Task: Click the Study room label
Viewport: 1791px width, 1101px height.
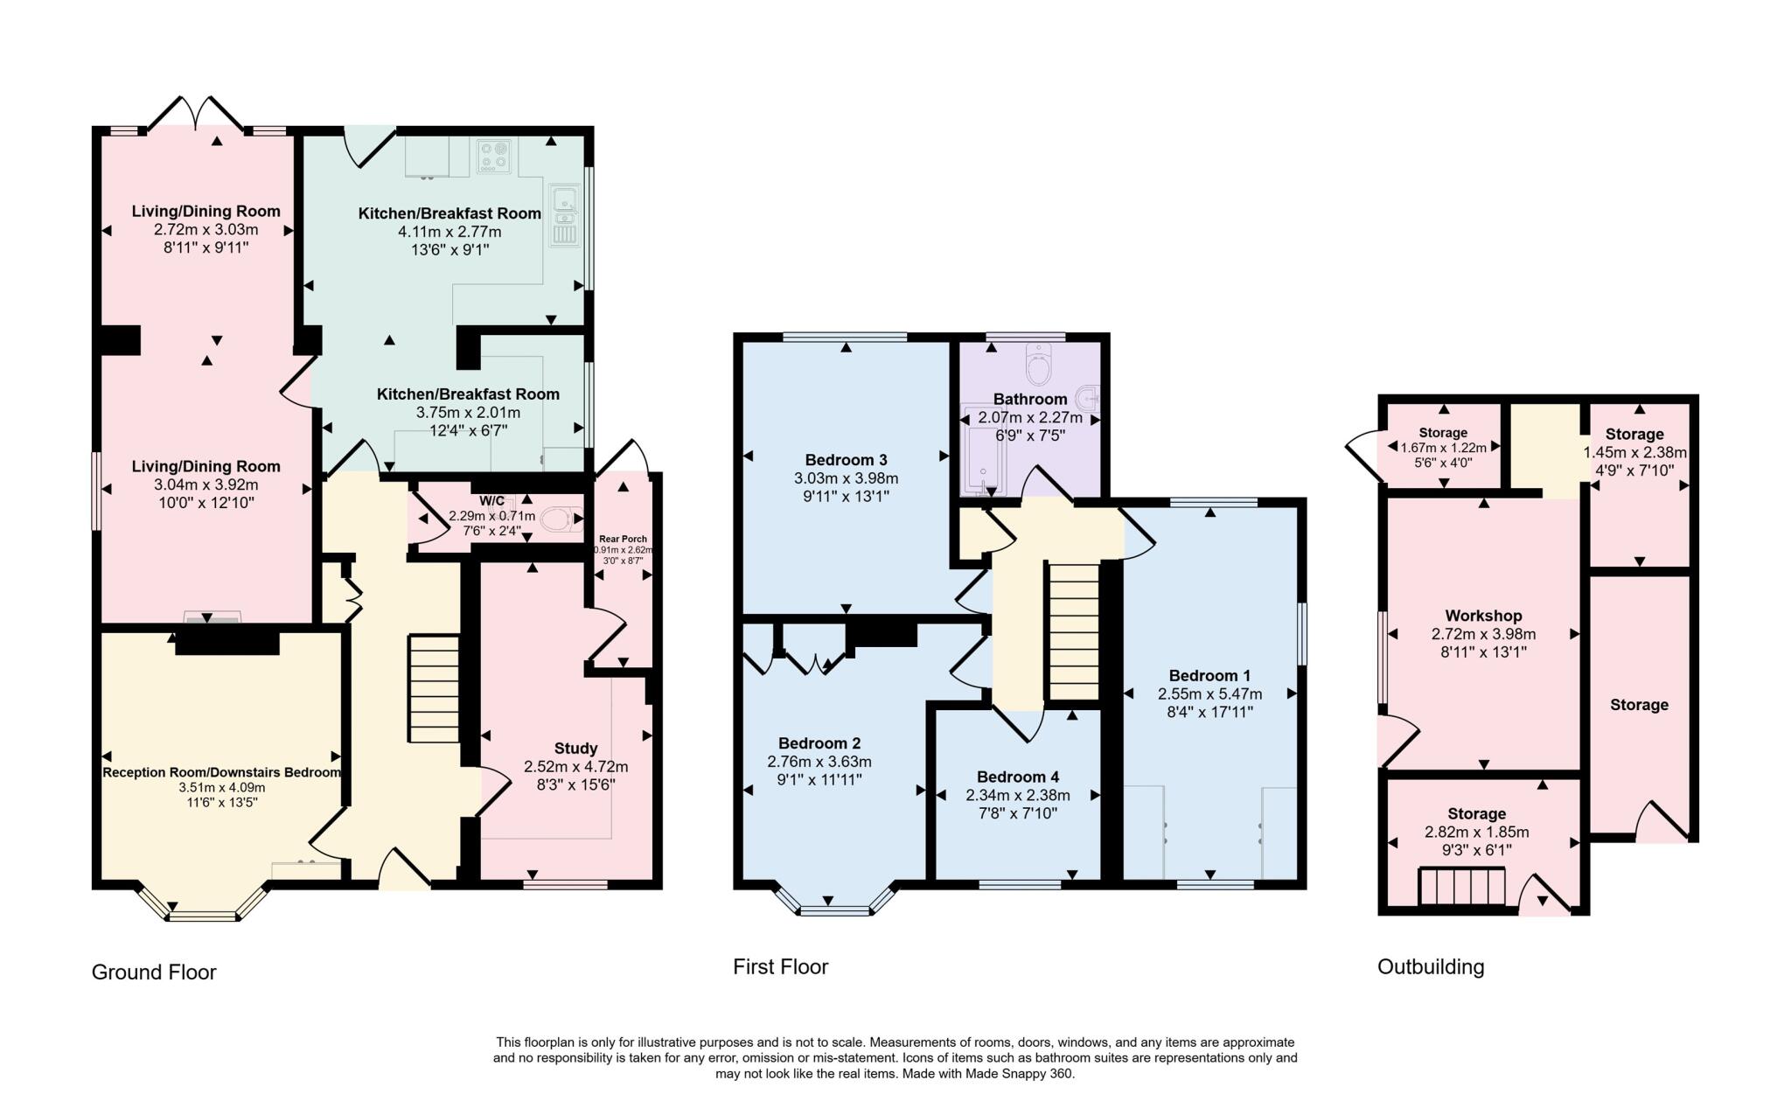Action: (575, 748)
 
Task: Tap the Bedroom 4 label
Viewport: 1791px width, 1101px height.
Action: (1018, 777)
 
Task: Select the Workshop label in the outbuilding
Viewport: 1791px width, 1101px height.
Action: (1483, 616)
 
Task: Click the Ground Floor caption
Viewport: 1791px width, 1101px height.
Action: (154, 972)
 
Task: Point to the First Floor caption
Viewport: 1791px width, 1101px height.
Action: (780, 966)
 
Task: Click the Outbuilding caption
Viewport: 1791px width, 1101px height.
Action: (1431, 966)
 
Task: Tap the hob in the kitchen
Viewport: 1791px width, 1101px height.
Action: (494, 155)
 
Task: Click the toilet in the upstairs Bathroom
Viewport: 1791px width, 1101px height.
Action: (1038, 365)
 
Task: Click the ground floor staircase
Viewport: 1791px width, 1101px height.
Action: (434, 689)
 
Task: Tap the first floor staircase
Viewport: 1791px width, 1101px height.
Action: (1073, 631)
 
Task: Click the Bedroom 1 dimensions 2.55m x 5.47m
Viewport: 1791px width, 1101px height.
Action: (1210, 693)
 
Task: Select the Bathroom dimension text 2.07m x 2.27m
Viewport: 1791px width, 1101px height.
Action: (1030, 417)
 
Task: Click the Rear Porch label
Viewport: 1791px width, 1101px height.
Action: (623, 539)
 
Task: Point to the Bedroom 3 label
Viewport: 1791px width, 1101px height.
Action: (846, 460)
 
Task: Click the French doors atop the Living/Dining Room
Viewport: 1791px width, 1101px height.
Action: (197, 114)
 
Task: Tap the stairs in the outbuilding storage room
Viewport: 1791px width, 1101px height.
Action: (1461, 887)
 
